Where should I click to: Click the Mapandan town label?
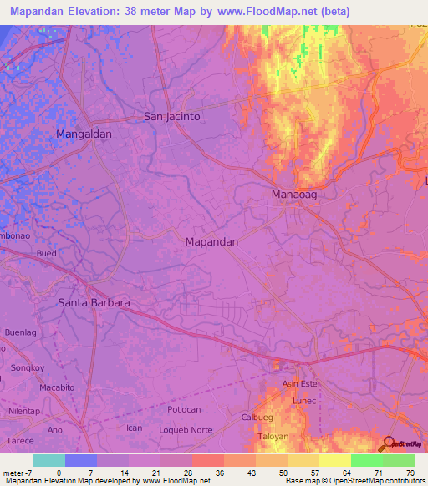pos(211,241)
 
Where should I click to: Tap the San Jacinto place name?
pos(172,117)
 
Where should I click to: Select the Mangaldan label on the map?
pos(84,134)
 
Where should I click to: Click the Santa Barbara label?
pos(94,303)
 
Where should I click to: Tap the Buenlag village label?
pos(22,332)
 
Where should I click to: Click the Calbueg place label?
pos(257,418)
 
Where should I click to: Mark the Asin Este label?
pos(300,383)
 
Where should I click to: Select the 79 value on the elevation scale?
pos(410,472)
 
